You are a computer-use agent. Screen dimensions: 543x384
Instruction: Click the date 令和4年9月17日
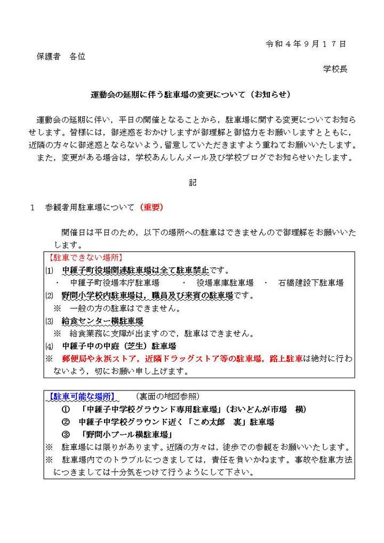point(306,43)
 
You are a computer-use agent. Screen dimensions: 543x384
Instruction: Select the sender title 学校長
point(335,69)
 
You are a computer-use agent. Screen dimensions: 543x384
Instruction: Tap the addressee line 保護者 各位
point(61,56)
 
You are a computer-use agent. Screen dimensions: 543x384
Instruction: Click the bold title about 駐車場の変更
point(190,95)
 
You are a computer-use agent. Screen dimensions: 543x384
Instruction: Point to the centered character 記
point(193,182)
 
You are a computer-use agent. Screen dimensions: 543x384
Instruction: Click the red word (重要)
point(152,207)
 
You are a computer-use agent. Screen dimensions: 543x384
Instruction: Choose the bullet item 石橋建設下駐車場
point(310,282)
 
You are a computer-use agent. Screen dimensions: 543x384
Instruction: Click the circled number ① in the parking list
point(66,409)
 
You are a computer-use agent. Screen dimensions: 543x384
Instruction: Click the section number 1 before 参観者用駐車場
point(33,207)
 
